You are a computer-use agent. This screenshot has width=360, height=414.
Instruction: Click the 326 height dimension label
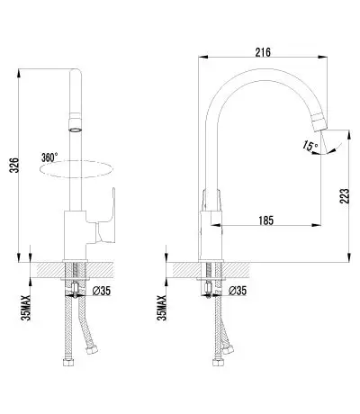pos(15,165)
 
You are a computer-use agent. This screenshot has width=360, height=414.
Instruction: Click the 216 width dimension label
pos(263,52)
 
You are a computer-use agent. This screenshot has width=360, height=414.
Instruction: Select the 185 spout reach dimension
pos(266,220)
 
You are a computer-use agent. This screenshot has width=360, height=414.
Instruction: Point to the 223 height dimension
pos(345,196)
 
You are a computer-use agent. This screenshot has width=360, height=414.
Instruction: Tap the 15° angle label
pos(310,146)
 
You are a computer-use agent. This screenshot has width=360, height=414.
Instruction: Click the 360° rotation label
pos(49,157)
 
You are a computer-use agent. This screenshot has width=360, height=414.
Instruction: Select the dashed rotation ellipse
pos(76,169)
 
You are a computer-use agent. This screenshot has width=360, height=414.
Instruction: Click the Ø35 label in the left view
pos(102,291)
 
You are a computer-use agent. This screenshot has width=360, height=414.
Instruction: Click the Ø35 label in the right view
pos(238,291)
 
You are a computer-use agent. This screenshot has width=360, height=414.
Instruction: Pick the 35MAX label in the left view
pos(26,308)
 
